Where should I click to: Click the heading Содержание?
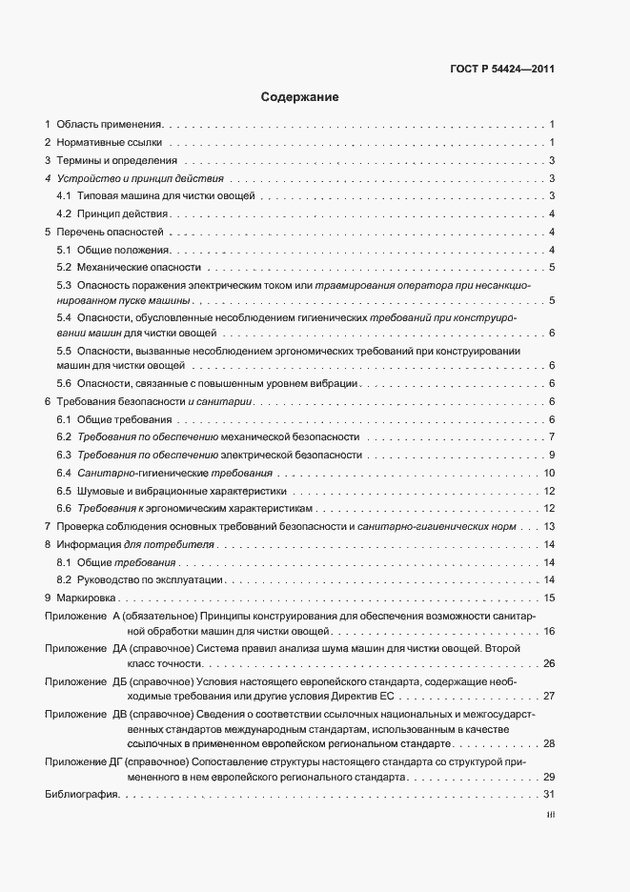pos(298,97)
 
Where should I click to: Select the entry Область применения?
pos(110,124)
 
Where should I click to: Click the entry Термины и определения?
pos(117,160)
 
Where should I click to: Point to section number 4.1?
pos(64,195)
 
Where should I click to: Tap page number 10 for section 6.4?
pos(549,474)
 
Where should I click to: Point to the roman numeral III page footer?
pos(550,815)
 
